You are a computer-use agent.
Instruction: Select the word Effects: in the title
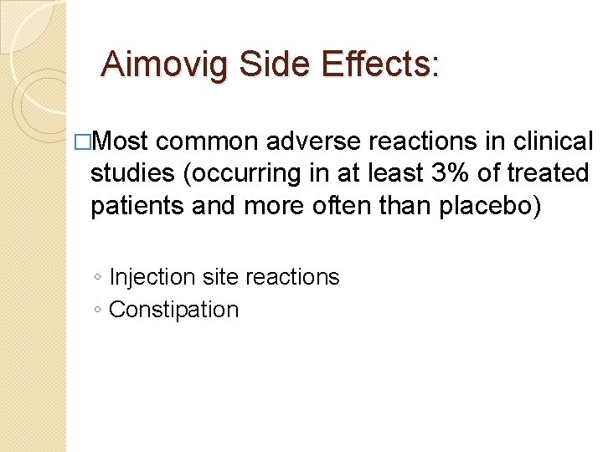(x=380, y=64)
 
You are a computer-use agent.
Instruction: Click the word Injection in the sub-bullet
(x=150, y=276)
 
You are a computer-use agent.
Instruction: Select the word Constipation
(x=174, y=310)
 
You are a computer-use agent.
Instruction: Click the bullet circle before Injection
(x=99, y=278)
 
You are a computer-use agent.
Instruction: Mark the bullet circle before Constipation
(x=99, y=311)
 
